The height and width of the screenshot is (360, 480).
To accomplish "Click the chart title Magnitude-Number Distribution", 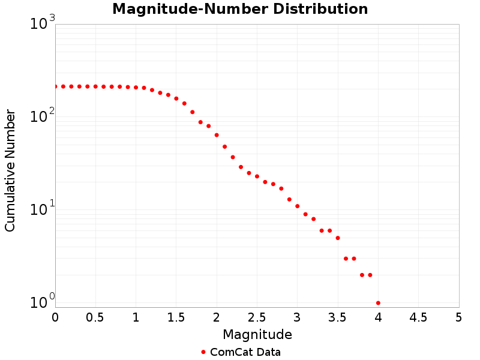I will pyautogui.click(x=240, y=10).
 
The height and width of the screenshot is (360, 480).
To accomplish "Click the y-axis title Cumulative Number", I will pyautogui.click(x=10, y=170).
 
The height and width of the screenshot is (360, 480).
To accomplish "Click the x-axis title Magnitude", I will pyautogui.click(x=257, y=335).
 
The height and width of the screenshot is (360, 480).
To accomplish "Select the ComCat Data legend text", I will pyautogui.click(x=245, y=352).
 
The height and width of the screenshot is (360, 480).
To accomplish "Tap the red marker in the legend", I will pyautogui.click(x=203, y=352).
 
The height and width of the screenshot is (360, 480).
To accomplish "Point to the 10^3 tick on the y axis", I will pyautogui.click(x=43, y=24).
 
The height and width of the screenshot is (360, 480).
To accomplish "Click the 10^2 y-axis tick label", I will pyautogui.click(x=43, y=116).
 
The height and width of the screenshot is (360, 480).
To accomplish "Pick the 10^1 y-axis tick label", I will pyautogui.click(x=43, y=210).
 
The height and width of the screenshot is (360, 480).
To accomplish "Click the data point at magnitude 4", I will pyautogui.click(x=378, y=303).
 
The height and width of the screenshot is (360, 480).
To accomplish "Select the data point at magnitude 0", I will pyautogui.click(x=55, y=86).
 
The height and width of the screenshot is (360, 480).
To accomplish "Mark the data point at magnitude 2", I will pyautogui.click(x=217, y=135).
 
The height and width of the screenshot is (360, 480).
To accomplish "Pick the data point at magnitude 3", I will pyautogui.click(x=298, y=206).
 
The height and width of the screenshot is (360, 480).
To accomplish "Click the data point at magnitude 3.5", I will pyautogui.click(x=338, y=238).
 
